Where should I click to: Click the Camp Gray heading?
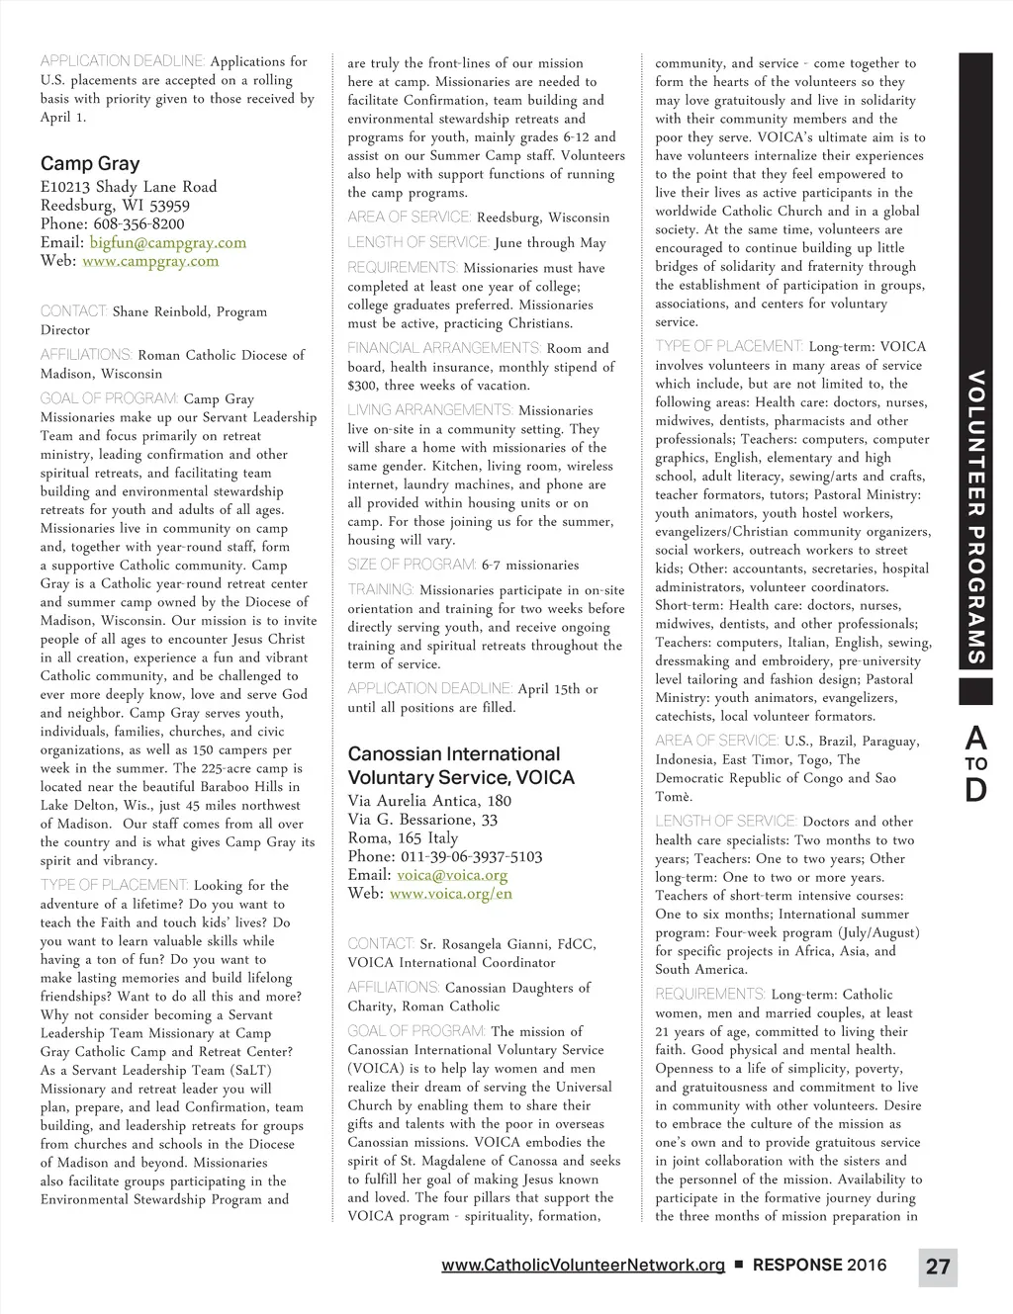coord(90,164)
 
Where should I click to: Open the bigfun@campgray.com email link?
coord(167,242)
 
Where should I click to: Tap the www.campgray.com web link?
coord(150,261)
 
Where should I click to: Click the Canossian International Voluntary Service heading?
coord(460,765)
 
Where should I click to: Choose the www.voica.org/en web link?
coord(451,894)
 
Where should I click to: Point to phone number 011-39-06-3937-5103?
coord(471,856)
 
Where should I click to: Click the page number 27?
coord(938,1267)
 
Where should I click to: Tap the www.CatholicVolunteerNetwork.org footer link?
coord(583,1266)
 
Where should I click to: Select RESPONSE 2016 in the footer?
coord(819,1266)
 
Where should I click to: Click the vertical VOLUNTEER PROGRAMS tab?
coord(975,517)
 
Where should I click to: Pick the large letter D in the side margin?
coord(975,790)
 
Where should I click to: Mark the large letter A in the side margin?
coord(975,737)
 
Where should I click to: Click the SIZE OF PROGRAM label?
coord(412,565)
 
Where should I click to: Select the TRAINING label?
coord(381,589)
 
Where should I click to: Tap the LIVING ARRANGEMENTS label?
coord(430,410)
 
